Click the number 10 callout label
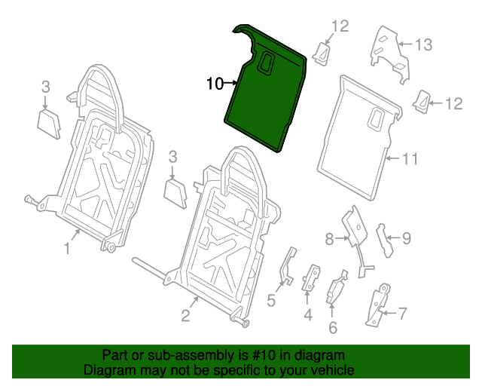point(215,84)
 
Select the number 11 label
point(409,159)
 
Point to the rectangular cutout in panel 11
point(375,117)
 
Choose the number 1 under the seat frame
point(66,248)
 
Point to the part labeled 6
point(335,290)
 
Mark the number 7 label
point(402,311)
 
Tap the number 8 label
point(329,239)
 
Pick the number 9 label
point(406,239)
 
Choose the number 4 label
point(307,314)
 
